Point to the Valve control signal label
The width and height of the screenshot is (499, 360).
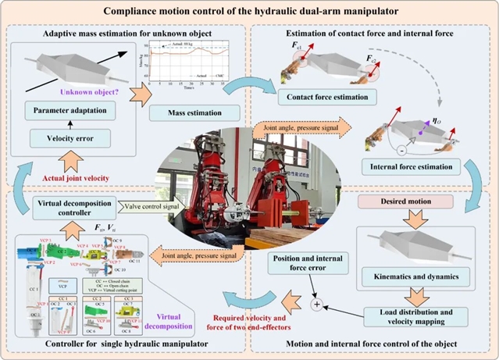(x=151, y=206)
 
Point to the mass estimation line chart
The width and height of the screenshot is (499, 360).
(x=192, y=62)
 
